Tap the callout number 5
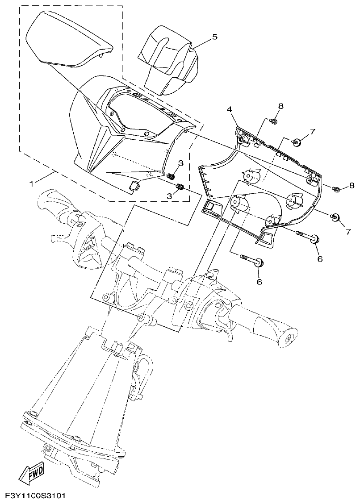tap(214, 37)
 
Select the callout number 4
tap(228, 109)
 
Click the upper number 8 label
tap(280, 106)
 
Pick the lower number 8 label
tap(352, 185)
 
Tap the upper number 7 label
tap(313, 132)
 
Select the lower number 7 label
tap(348, 232)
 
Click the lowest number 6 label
tap(259, 281)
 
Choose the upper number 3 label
tap(180, 163)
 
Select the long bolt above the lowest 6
tap(251, 260)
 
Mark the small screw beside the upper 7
tap(295, 142)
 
